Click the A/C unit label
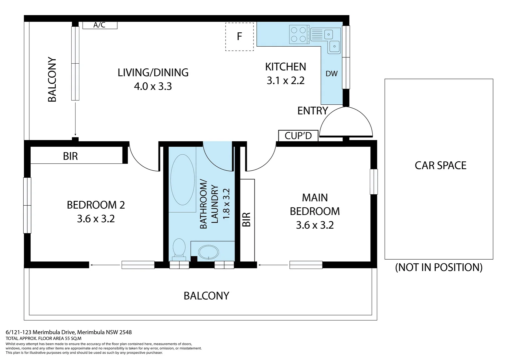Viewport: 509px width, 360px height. (100, 25)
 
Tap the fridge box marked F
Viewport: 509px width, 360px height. (240, 37)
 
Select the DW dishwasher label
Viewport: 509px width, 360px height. (331, 73)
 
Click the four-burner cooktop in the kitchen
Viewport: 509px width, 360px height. (298, 35)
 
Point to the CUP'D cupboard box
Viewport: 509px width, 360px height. (298, 136)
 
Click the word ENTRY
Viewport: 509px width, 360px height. (313, 111)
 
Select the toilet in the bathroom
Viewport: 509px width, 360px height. (179, 249)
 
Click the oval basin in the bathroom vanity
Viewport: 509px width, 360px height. (209, 252)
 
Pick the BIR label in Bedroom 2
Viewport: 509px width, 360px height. (70, 156)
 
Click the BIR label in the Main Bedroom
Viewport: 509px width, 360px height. (246, 219)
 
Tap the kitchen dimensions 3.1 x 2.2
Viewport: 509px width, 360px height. (285, 81)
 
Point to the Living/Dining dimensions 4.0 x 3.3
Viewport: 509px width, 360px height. (153, 86)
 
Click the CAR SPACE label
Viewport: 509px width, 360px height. (441, 165)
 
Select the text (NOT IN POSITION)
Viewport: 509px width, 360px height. (439, 267)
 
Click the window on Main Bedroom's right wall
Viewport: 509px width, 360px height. (374, 182)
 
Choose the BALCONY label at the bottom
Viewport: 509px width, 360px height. (206, 296)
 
